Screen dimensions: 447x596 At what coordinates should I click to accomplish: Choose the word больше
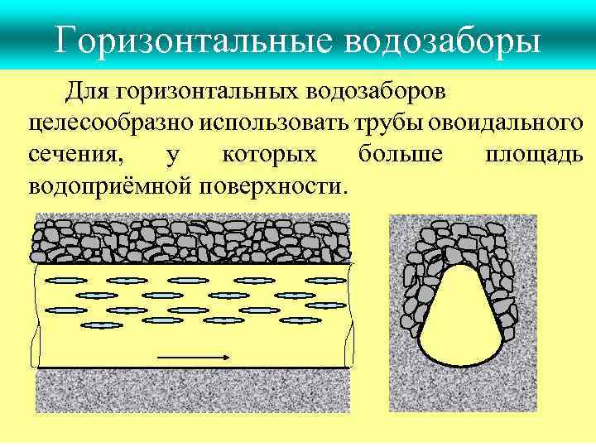click(401, 155)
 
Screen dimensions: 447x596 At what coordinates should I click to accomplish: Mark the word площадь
click(533, 155)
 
